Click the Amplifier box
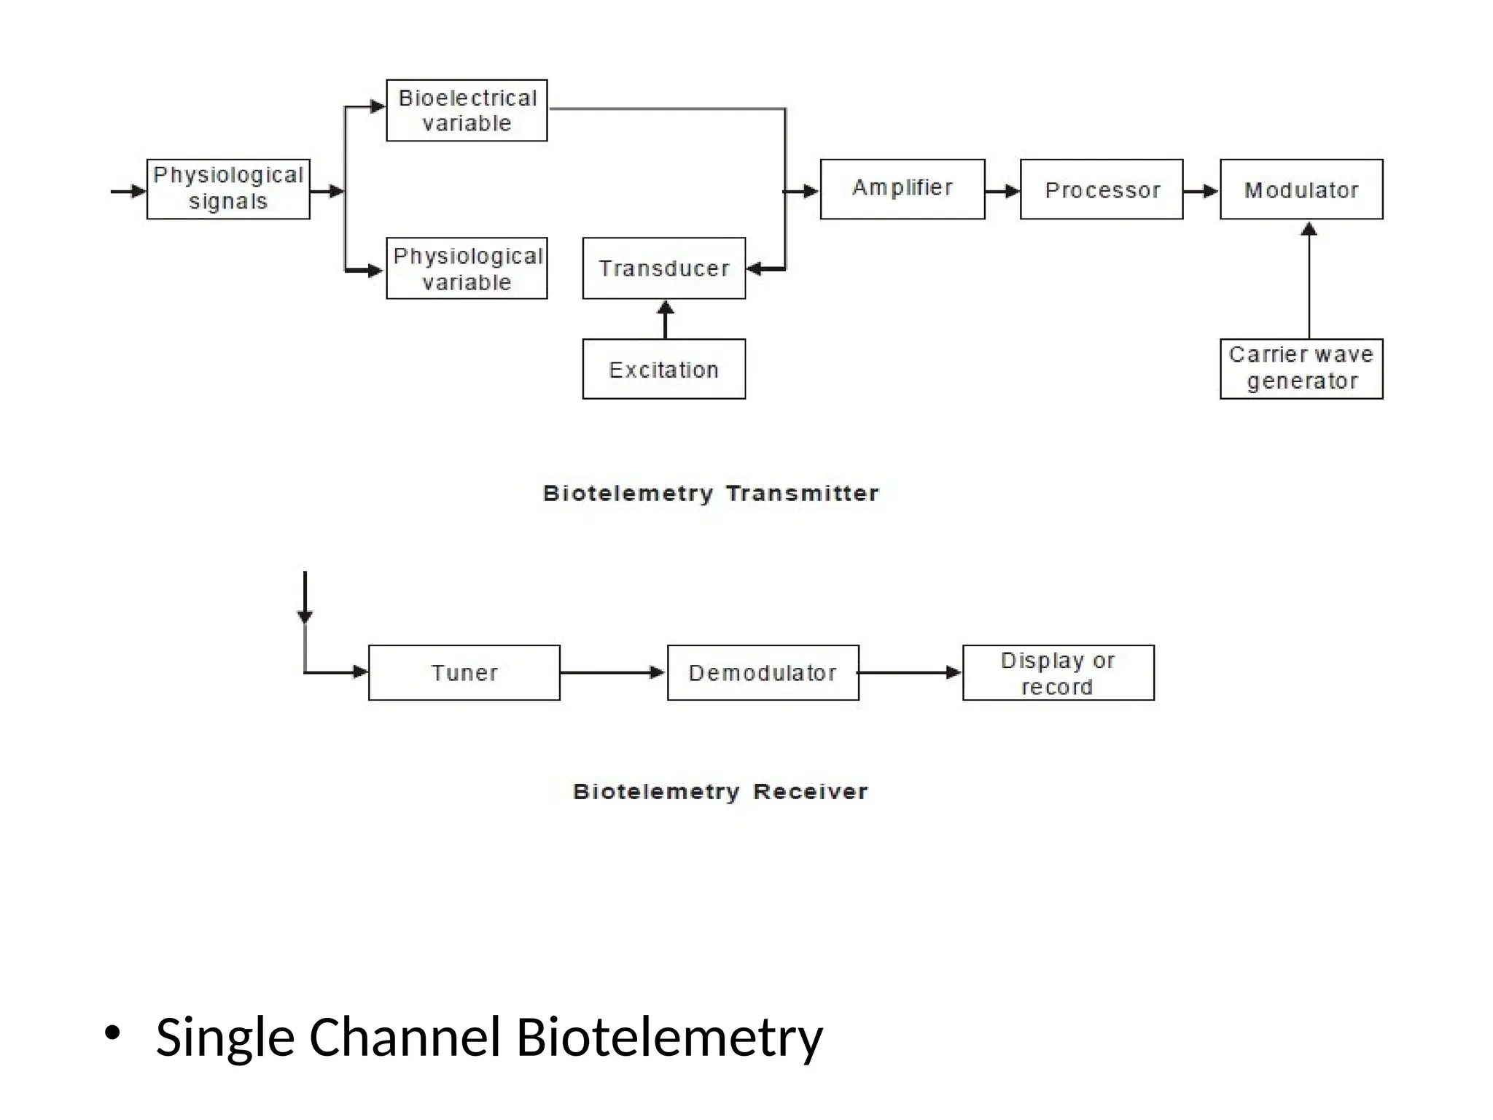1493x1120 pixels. point(902,189)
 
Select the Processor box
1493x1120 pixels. point(1101,190)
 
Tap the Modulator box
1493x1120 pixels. point(1301,190)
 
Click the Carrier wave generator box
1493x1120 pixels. point(1301,368)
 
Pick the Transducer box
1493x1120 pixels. point(663,268)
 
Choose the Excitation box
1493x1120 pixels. point(663,369)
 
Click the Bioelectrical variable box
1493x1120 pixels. point(467,110)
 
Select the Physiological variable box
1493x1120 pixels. point(467,268)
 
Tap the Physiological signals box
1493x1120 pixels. point(228,189)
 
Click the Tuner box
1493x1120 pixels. point(464,672)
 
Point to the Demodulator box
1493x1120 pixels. point(763,672)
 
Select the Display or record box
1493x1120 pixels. point(1058,672)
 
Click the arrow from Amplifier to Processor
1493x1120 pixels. point(1002,191)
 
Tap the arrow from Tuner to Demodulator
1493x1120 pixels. point(612,672)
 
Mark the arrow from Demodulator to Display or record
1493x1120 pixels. point(910,672)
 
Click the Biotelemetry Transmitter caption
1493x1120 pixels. point(711,494)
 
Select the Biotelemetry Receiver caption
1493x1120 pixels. point(720,791)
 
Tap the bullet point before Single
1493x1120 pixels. point(112,1033)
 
